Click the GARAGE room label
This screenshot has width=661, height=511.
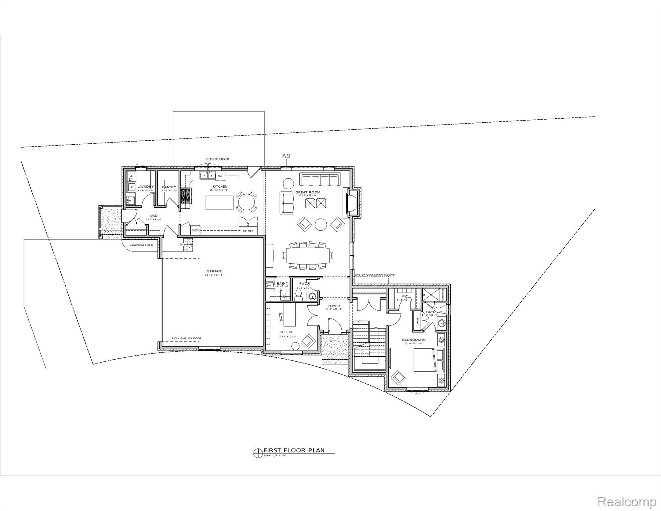click(214, 271)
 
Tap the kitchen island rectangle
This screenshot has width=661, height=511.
click(219, 203)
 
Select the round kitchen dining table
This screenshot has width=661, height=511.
click(246, 202)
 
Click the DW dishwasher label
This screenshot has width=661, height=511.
click(220, 176)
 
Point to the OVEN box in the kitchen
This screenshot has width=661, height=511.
click(195, 230)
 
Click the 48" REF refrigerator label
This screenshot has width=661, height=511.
click(248, 231)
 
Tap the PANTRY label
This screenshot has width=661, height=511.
click(169, 187)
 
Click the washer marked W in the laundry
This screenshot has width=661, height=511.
click(131, 187)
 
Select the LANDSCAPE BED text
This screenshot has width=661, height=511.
click(141, 245)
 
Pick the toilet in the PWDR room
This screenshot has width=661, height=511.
click(298, 294)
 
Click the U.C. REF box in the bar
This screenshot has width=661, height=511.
click(285, 295)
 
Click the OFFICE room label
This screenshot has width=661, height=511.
click(286, 332)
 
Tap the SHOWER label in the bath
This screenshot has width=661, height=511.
click(443, 294)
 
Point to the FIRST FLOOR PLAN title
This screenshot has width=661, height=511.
click(294, 450)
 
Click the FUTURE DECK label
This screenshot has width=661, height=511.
click(217, 159)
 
